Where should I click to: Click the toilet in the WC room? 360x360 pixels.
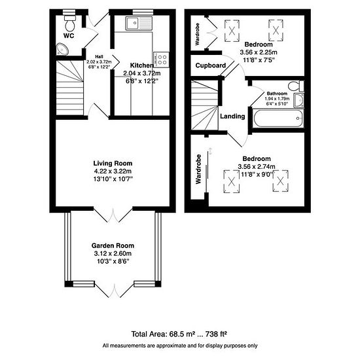pyautogui.click(x=69, y=23)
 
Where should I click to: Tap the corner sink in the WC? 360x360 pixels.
pyautogui.click(x=62, y=49)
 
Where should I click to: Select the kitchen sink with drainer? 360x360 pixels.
pyautogui.click(x=139, y=23)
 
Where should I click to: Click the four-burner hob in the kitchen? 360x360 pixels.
pyautogui.click(x=162, y=60)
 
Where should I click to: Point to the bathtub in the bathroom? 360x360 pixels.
pyautogui.click(x=278, y=118)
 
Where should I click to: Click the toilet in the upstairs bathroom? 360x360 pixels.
pyautogui.click(x=296, y=86)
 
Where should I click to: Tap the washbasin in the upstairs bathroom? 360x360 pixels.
pyautogui.click(x=298, y=101)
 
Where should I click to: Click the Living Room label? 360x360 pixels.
pyautogui.click(x=113, y=164)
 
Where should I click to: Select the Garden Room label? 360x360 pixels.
pyautogui.click(x=113, y=245)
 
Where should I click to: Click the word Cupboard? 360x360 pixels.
pyautogui.click(x=211, y=65)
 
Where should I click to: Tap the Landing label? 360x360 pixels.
pyautogui.click(x=232, y=116)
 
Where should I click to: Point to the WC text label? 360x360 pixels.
pyautogui.click(x=69, y=36)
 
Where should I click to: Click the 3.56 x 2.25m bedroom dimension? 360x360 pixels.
pyautogui.click(x=259, y=52)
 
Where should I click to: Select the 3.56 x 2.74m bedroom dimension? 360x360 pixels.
pyautogui.click(x=257, y=166)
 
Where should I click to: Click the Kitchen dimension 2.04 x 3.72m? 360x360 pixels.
pyautogui.click(x=142, y=73)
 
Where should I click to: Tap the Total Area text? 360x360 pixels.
pyautogui.click(x=179, y=334)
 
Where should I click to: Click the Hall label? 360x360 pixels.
pyautogui.click(x=99, y=56)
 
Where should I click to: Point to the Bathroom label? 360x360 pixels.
pyautogui.click(x=277, y=94)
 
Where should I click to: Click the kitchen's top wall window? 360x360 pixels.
pyautogui.click(x=143, y=12)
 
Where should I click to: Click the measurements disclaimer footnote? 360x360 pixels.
pyautogui.click(x=180, y=346)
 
